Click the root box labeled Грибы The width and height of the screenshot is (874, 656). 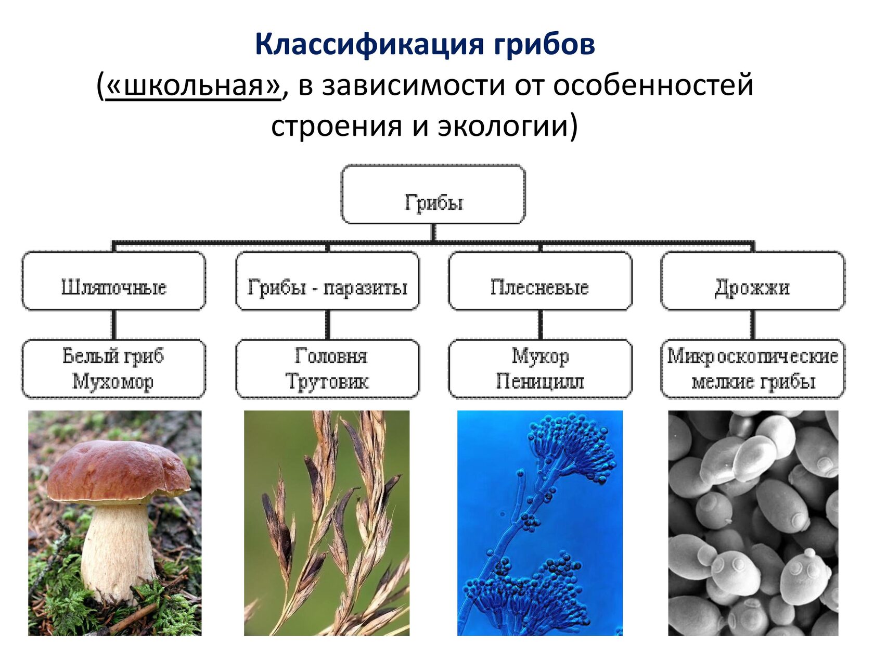pyautogui.click(x=433, y=194)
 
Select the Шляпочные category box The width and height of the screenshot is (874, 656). pyautogui.click(x=114, y=281)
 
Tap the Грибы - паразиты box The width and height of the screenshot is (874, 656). pyautogui.click(x=327, y=281)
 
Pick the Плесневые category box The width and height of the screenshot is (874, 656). pyautogui.click(x=541, y=281)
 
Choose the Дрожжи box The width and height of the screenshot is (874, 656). pyautogui.click(x=753, y=281)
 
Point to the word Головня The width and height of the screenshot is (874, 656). pyautogui.click(x=331, y=356)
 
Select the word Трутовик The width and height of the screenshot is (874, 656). pyautogui.click(x=327, y=382)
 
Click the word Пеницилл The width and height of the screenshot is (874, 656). pyautogui.click(x=540, y=382)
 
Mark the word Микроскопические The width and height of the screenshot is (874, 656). pyautogui.click(x=753, y=356)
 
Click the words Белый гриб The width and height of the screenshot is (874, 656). pyautogui.click(x=113, y=356)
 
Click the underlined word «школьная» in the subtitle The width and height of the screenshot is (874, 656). pyautogui.click(x=194, y=85)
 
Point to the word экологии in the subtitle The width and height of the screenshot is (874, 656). pyautogui.click(x=503, y=125)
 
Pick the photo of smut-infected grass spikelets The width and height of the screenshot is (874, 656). pyautogui.click(x=327, y=523)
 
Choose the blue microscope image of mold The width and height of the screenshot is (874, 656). pyautogui.click(x=540, y=523)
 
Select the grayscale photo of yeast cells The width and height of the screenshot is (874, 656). pyautogui.click(x=753, y=523)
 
